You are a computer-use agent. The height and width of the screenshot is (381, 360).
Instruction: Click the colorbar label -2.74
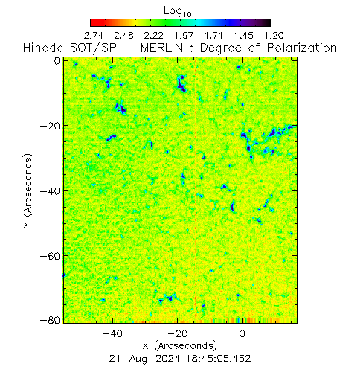(x=90, y=36)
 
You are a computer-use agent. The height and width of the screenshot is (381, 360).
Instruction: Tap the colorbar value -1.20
(x=271, y=36)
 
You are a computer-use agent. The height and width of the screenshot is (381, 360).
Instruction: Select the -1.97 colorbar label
(x=180, y=36)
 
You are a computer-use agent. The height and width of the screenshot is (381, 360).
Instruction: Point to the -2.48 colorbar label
(x=120, y=36)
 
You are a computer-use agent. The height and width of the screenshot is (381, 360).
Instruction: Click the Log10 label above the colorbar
(x=178, y=12)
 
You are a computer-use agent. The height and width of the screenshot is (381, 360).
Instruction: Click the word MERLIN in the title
(x=161, y=48)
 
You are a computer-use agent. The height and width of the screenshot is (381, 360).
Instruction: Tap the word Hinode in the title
(x=43, y=48)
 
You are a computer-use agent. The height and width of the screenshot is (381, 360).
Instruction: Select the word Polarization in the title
(x=302, y=48)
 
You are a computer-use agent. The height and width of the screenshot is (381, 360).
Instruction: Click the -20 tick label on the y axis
(x=50, y=126)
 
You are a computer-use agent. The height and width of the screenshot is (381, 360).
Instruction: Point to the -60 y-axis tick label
(x=50, y=256)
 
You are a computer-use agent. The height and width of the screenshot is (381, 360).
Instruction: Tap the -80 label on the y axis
(x=50, y=321)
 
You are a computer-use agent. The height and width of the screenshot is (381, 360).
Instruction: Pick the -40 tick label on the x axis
(x=112, y=333)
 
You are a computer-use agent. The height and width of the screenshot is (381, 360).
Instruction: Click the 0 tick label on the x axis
(x=242, y=333)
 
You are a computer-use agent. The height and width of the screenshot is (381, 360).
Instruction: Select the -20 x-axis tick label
(x=178, y=333)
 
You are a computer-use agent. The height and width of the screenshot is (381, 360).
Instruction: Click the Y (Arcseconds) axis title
(x=28, y=190)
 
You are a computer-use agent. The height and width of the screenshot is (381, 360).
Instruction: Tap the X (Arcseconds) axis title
(x=180, y=346)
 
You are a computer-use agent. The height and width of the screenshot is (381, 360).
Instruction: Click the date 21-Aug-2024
(x=144, y=359)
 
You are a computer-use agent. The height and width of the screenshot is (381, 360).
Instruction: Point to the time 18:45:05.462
(x=219, y=359)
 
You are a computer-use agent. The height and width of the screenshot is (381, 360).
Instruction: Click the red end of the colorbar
(x=92, y=22)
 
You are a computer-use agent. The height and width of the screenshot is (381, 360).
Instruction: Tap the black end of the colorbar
(x=269, y=22)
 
